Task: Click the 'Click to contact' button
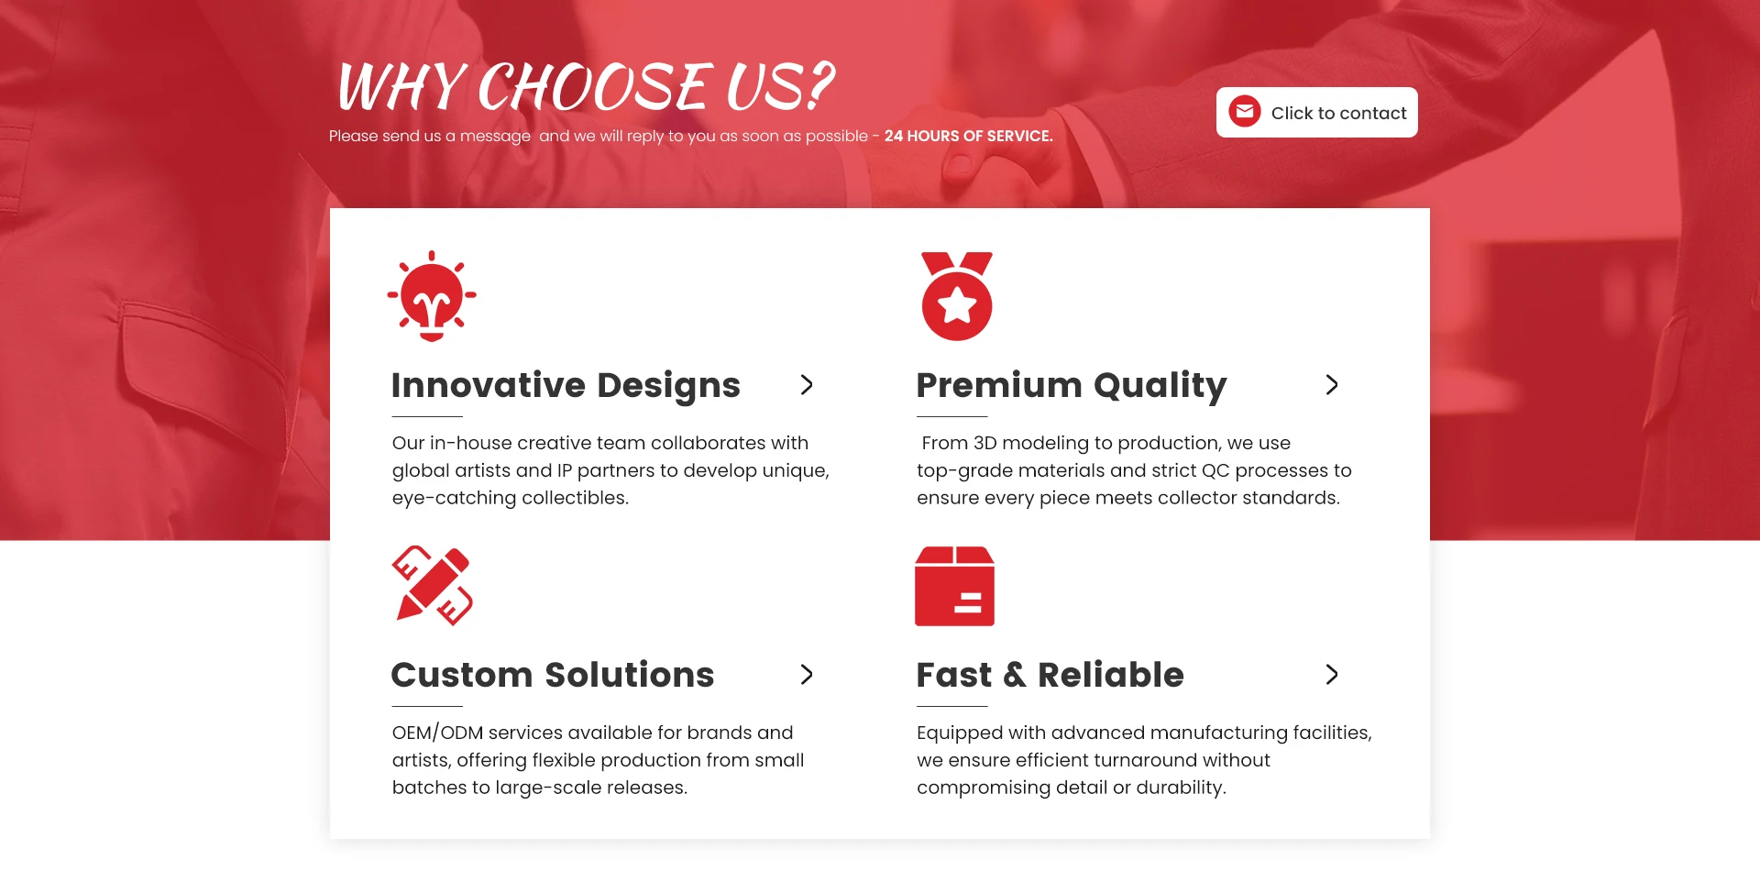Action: click(x=1316, y=113)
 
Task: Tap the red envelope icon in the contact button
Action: click(x=1245, y=112)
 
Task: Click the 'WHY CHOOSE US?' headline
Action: click(x=586, y=86)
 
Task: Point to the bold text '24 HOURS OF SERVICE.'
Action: click(x=968, y=136)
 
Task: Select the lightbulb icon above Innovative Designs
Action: click(x=432, y=296)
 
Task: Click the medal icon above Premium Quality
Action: click(x=957, y=296)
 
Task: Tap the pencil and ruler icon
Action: click(x=433, y=586)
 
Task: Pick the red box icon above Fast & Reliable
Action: click(x=954, y=586)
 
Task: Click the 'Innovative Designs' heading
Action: click(x=566, y=386)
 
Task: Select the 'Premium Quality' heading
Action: click(x=1072, y=386)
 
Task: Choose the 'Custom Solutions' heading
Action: click(x=553, y=675)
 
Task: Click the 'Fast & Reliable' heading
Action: click(x=1050, y=675)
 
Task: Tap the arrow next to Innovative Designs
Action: click(x=807, y=385)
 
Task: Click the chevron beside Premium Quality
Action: click(x=1332, y=385)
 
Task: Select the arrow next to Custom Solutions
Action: click(x=807, y=675)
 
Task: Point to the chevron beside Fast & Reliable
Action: click(x=1332, y=675)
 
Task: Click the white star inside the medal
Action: click(x=957, y=304)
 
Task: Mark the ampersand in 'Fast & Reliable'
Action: click(x=1015, y=675)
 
